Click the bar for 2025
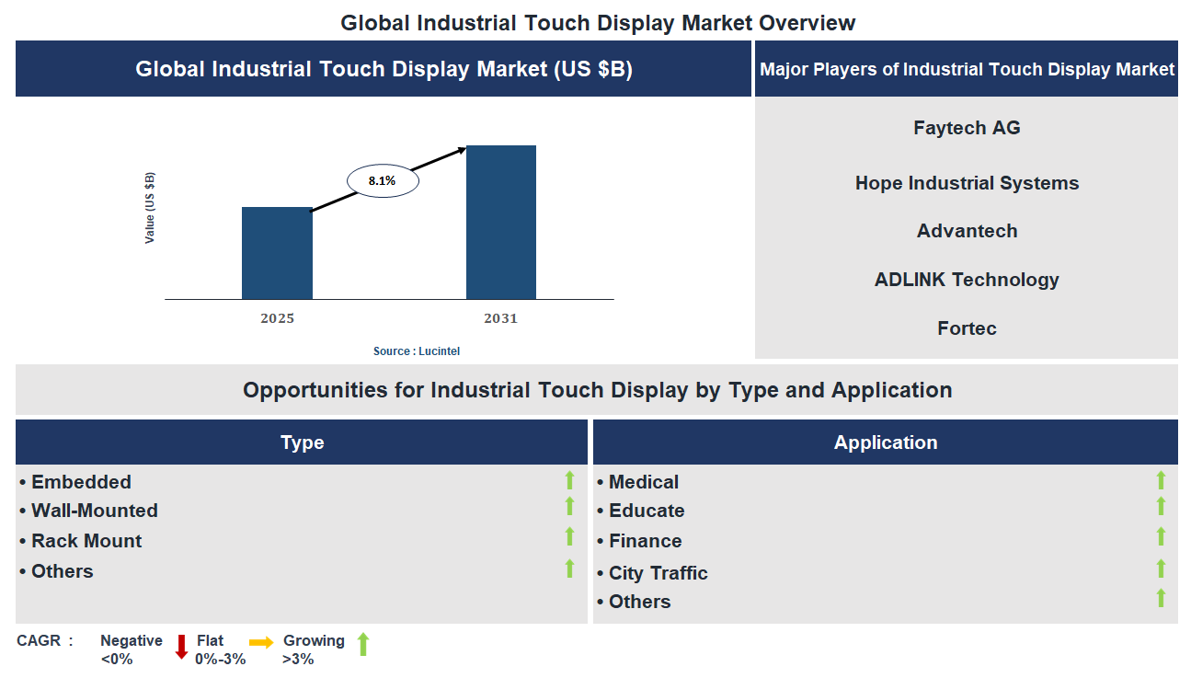(x=277, y=253)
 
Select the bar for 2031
(x=501, y=222)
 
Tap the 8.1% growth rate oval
(x=383, y=181)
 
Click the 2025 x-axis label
(x=277, y=318)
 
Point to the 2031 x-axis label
(x=501, y=318)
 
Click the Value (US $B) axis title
(x=150, y=208)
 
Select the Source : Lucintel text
(x=416, y=351)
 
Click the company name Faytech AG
(x=967, y=128)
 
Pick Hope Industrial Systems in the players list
(x=967, y=183)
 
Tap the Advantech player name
(x=967, y=231)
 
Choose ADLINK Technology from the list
(x=967, y=280)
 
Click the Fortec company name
(x=967, y=328)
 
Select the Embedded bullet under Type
(x=81, y=482)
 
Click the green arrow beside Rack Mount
(x=569, y=536)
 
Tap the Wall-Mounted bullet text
(x=94, y=511)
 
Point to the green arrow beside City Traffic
(x=1161, y=569)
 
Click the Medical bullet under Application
(x=643, y=482)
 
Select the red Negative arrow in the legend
(x=181, y=647)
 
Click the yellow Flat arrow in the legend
(x=261, y=643)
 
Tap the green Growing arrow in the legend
(x=362, y=644)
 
